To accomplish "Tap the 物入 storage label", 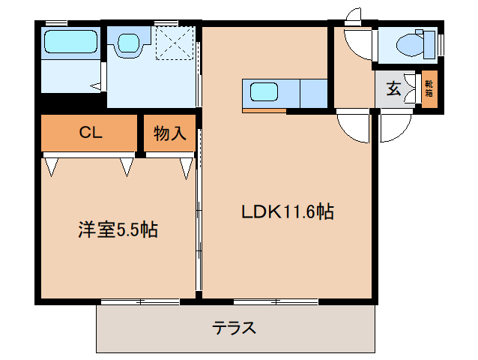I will [x=169, y=134].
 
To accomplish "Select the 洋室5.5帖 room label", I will [x=117, y=229].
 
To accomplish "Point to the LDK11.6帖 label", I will [x=287, y=212].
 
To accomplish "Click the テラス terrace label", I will [x=235, y=328].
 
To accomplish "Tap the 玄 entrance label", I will [x=393, y=89].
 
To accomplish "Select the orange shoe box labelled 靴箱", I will [x=429, y=89].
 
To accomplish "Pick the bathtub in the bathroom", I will [x=70, y=41].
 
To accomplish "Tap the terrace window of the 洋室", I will [x=140, y=301].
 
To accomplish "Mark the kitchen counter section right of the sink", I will [x=314, y=93].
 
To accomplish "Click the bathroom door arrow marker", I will [x=97, y=86].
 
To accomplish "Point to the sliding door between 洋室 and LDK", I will [x=198, y=217].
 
